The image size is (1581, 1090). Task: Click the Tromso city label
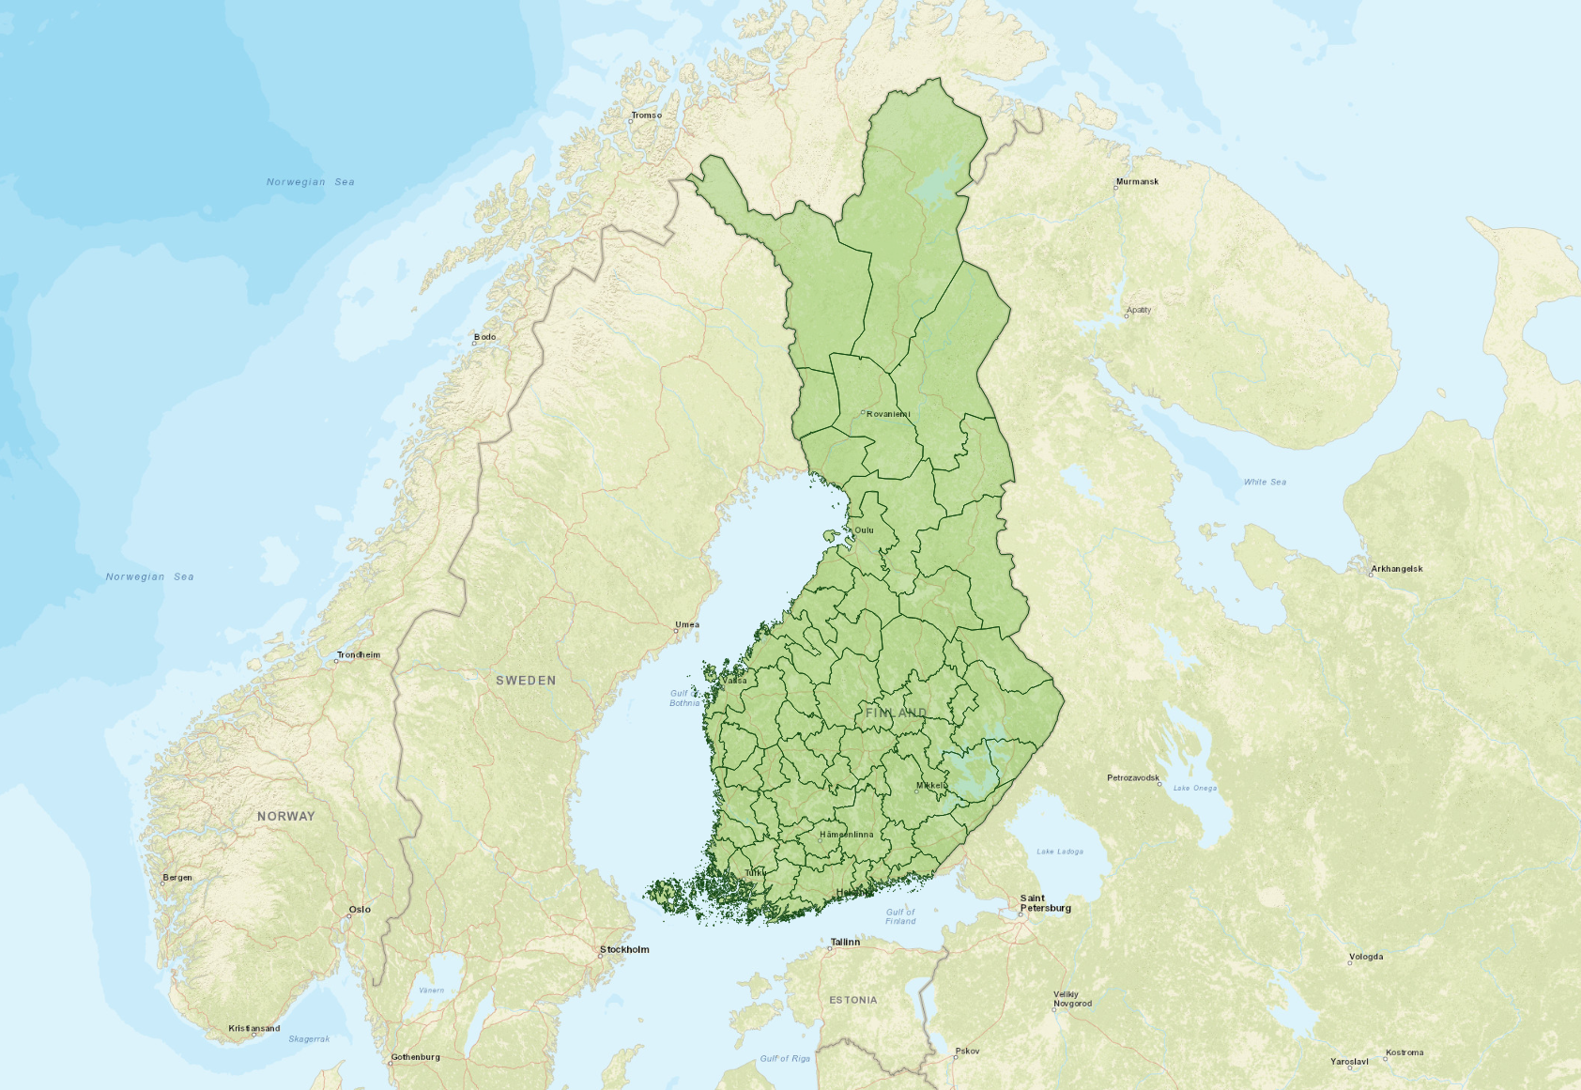coord(646,115)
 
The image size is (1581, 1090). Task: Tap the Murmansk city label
coord(1137,181)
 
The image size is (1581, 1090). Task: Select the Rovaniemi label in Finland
coord(887,414)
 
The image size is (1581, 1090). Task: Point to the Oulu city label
coord(864,530)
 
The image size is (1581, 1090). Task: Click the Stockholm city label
coord(624,949)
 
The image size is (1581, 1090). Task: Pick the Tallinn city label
coord(845,942)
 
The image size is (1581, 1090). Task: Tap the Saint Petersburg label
coord(1045,903)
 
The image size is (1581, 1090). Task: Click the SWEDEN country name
coord(526,681)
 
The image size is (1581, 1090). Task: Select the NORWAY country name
coord(286,816)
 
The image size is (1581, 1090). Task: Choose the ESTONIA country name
coord(853,1000)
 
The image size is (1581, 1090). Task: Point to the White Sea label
coord(1265,482)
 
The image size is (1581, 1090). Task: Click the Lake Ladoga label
coord(1060,852)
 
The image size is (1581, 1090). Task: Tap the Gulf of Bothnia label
coord(684,698)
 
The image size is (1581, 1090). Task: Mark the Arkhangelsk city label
coord(1396,569)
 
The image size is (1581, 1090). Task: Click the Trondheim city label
coord(359,654)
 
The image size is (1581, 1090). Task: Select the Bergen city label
coord(177,878)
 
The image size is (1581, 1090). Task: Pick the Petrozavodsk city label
coord(1133,777)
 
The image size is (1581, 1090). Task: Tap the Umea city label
coord(686,624)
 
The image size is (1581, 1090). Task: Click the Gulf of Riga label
coord(785,1058)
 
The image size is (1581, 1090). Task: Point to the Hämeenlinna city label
coord(846,834)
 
